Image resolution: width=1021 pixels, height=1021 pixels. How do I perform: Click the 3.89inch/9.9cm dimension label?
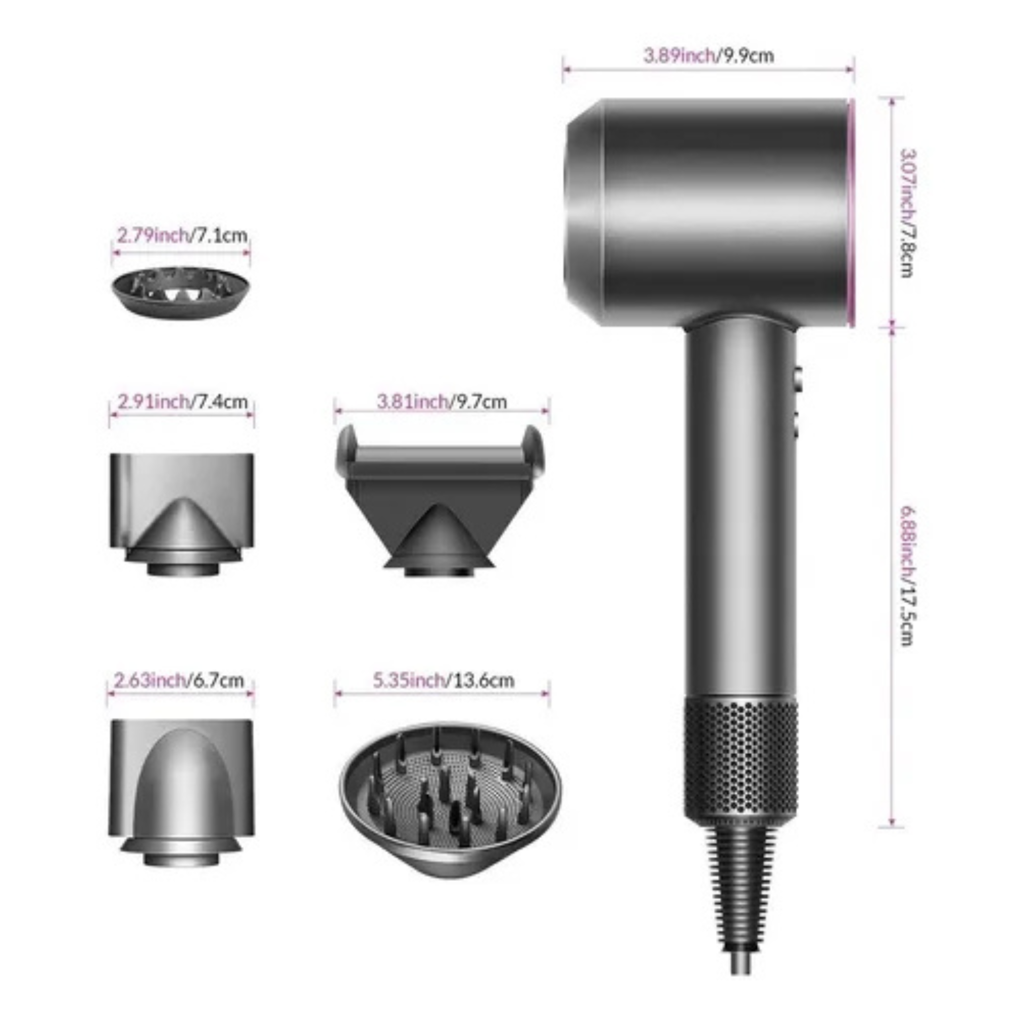(708, 55)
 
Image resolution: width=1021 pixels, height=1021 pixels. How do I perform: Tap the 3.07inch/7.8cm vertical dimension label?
(907, 213)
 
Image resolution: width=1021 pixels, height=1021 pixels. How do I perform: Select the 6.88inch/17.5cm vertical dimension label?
(907, 575)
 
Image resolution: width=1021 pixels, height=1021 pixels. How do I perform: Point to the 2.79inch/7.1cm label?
(182, 235)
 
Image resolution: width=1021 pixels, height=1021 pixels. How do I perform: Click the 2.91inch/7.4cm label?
(182, 402)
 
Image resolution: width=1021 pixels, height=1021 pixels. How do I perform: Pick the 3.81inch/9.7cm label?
(442, 402)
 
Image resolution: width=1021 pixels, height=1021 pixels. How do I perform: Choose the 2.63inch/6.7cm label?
(179, 680)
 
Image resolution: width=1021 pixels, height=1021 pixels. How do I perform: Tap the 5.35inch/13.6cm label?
(443, 680)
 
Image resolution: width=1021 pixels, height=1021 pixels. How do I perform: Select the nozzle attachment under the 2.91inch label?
(182, 513)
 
